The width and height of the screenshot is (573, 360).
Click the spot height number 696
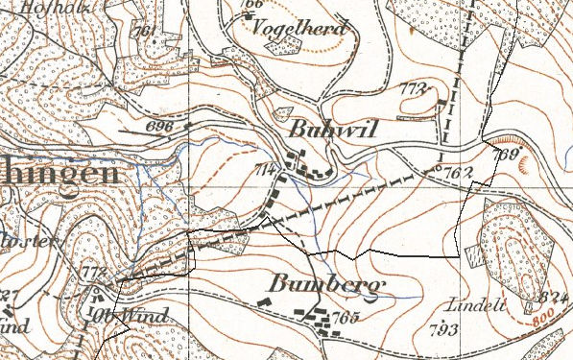(x=162, y=126)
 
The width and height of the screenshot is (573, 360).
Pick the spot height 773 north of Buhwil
(x=411, y=88)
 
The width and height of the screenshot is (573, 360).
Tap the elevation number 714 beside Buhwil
(x=265, y=170)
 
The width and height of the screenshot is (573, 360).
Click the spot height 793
(x=442, y=332)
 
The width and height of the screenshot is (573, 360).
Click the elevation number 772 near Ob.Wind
(x=92, y=273)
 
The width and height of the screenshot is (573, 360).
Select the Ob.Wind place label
(x=131, y=315)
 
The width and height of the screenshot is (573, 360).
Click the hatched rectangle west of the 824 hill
(x=475, y=256)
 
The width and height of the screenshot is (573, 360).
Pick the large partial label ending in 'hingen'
(x=58, y=173)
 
